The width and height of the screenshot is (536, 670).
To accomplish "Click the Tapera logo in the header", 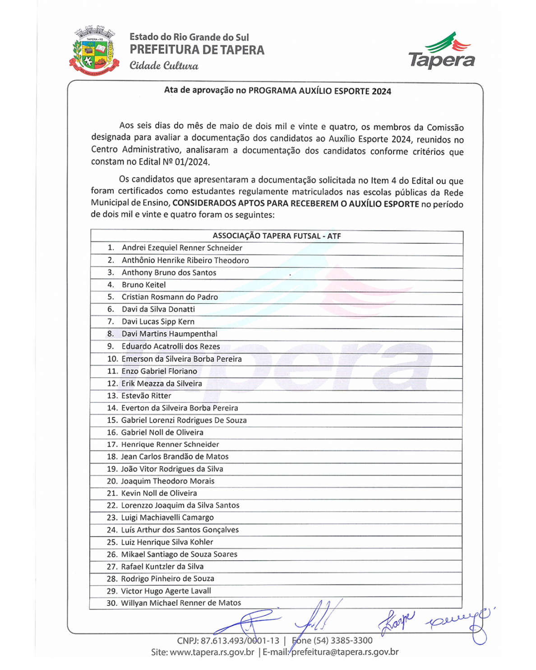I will click(x=441, y=51).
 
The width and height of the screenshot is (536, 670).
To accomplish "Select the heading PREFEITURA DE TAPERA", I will click(x=197, y=50).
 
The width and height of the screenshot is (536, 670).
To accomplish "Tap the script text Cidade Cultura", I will click(x=164, y=65).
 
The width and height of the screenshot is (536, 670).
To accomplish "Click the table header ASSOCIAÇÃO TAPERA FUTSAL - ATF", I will click(x=277, y=236).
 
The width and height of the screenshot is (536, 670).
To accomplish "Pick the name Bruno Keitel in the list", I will click(x=143, y=285).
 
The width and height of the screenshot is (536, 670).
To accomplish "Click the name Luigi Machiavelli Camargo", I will click(x=167, y=518).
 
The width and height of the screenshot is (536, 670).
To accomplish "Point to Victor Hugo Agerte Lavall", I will click(x=166, y=591).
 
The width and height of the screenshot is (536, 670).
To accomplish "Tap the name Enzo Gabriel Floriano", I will click(x=159, y=371).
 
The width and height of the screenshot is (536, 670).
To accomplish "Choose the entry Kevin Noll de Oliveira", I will click(x=159, y=493).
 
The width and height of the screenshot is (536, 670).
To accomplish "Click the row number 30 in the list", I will click(x=112, y=603).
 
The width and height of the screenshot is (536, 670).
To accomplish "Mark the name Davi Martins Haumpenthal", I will click(x=169, y=334).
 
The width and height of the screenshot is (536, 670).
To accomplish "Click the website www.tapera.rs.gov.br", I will click(x=212, y=652).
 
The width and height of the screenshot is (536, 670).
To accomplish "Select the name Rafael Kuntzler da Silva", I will click(x=162, y=566).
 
